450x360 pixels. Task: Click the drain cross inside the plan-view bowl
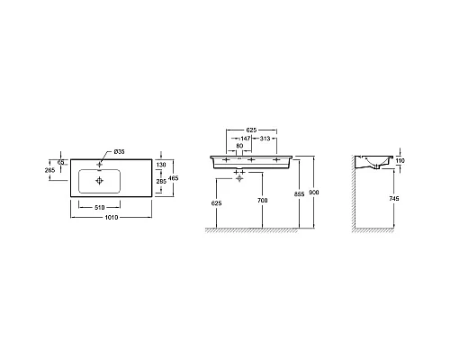(99, 180)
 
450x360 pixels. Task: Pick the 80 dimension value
(240, 145)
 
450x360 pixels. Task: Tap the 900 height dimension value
(314, 192)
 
